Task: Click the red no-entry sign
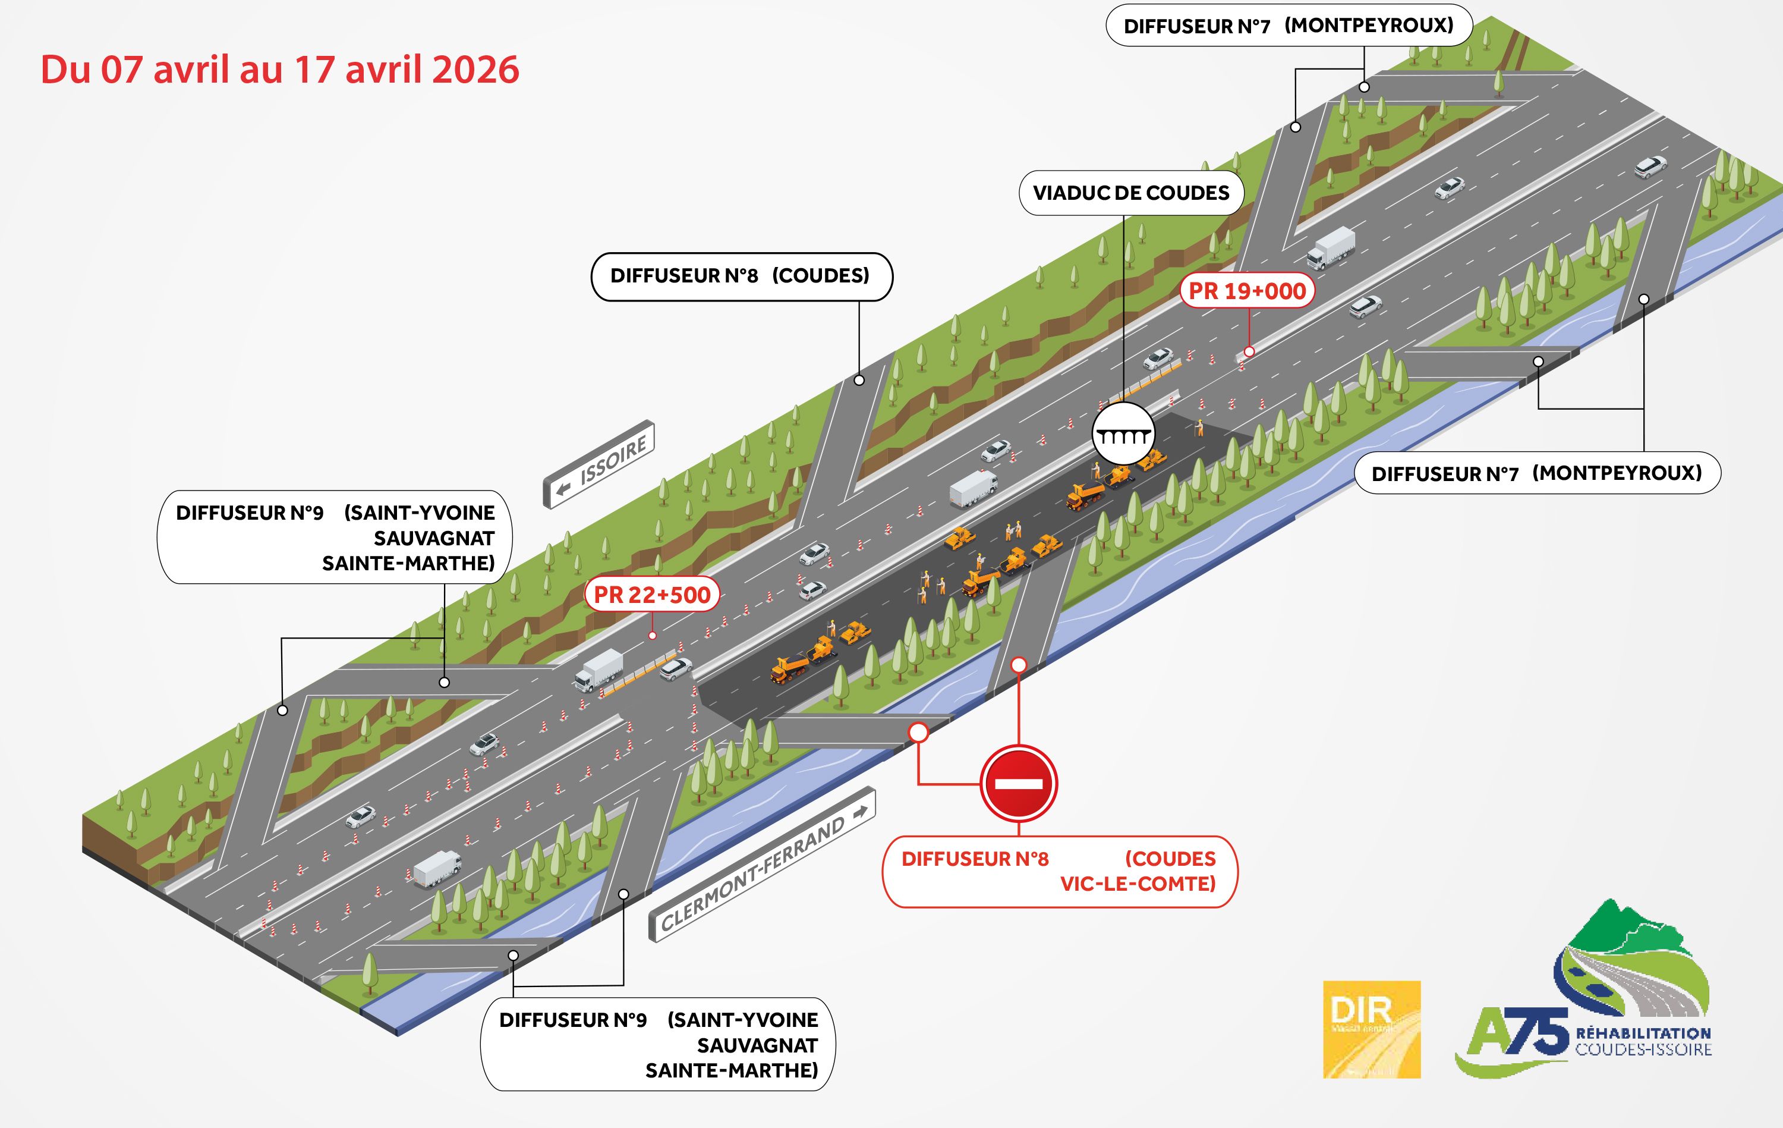pos(1018,784)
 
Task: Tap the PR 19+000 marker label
pos(1247,291)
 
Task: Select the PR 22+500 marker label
pos(651,595)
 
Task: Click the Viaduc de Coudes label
pos(1130,193)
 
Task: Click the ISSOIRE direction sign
pos(600,464)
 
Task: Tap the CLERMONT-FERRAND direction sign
pos(762,865)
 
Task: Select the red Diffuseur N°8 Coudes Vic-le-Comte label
pos(1059,871)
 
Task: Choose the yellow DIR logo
pos(1371,1029)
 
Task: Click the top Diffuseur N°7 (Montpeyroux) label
pos(1289,26)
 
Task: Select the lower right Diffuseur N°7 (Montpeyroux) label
pos(1536,473)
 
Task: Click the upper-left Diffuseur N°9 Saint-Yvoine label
pos(335,538)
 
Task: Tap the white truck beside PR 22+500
pos(598,670)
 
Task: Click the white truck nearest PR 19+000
pos(1331,248)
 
